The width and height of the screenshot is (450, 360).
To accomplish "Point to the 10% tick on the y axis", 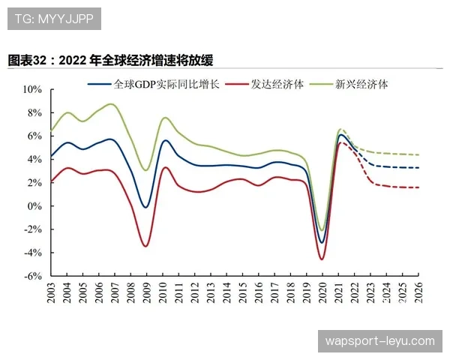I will (x=33, y=89).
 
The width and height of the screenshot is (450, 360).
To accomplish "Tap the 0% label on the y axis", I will (x=36, y=206).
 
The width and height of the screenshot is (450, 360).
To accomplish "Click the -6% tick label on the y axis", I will (x=34, y=276).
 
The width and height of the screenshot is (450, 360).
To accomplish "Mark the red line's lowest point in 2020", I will (x=322, y=259).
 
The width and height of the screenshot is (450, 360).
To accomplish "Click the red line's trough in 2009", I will (x=145, y=246).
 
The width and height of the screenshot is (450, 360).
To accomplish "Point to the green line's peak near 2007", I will (x=111, y=103).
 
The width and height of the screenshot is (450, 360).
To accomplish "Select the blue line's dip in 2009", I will (x=146, y=207).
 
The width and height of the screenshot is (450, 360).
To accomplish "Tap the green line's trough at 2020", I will (x=322, y=230).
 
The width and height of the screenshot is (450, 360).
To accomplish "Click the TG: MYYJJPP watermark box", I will (x=53, y=18).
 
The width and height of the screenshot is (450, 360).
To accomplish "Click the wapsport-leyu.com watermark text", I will (x=379, y=341).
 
